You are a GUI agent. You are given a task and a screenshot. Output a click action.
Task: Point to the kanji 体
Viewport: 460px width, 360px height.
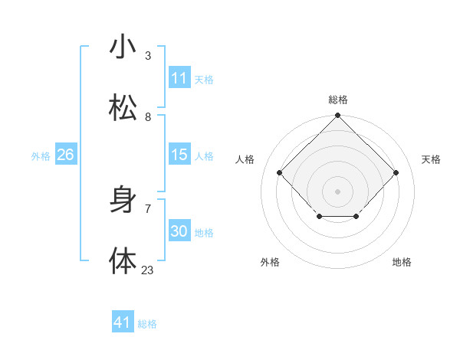point(123,261)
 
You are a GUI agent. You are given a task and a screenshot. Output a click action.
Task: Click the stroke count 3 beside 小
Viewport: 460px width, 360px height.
point(148,55)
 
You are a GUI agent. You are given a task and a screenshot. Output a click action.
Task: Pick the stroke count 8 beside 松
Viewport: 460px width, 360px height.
point(148,116)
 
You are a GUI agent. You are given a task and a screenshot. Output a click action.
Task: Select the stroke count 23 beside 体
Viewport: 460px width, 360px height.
point(148,270)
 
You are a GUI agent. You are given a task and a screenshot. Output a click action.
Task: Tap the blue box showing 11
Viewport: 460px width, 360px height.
point(179,78)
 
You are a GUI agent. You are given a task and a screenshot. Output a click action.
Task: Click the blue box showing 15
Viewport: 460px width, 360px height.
point(179,155)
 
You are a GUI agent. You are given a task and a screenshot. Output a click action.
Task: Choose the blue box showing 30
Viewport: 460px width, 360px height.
point(179,231)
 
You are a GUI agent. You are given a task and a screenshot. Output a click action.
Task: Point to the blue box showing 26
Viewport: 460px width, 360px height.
point(65,155)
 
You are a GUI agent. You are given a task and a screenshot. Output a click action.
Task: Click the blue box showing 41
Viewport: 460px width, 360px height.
point(123,322)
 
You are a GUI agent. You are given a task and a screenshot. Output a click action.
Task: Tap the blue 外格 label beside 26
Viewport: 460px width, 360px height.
point(41,156)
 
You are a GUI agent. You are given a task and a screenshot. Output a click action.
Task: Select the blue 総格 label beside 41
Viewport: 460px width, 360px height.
point(147,324)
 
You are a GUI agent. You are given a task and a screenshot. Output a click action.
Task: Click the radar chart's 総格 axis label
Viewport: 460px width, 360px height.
point(337,100)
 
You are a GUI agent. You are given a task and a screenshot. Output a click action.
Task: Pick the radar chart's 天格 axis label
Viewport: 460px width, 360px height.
point(431,159)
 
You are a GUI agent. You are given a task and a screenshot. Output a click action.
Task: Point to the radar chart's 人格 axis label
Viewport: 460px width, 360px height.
point(245,159)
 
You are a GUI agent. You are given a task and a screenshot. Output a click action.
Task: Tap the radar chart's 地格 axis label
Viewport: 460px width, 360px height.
point(402,262)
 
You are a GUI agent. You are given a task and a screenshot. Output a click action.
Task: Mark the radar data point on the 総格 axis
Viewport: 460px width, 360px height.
point(337,116)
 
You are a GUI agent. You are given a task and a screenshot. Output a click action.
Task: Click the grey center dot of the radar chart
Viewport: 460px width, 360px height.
point(337,191)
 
